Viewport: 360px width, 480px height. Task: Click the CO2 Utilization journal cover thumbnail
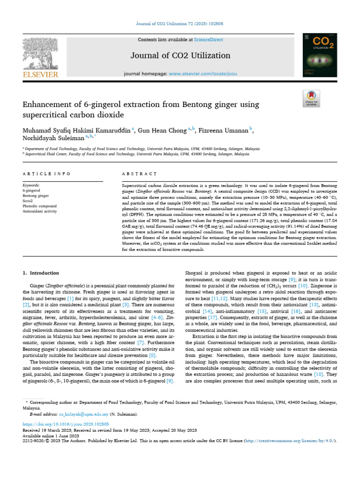coord(320,55)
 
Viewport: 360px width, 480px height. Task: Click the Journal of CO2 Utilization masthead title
coord(180,56)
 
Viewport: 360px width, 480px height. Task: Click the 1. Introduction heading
coord(41,273)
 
